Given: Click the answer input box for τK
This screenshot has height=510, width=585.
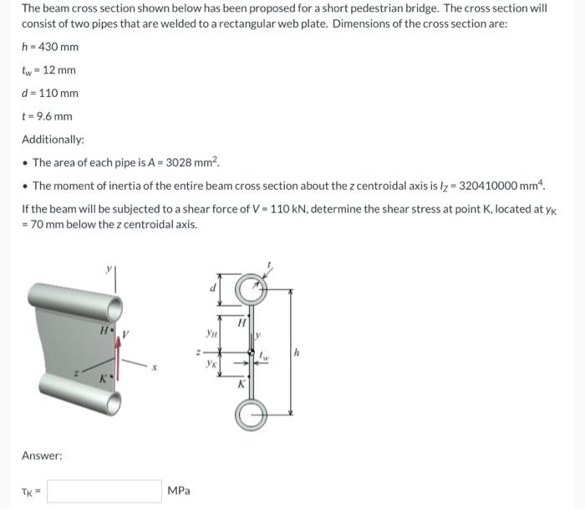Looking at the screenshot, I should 104,491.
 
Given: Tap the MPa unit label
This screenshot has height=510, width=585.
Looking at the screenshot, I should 179,491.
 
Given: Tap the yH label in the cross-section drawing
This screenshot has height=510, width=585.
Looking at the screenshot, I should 213,331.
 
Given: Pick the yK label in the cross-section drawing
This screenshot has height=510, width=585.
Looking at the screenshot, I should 213,364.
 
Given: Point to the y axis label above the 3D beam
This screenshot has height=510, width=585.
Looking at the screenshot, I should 107,269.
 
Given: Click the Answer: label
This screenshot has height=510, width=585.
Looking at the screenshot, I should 42,456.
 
